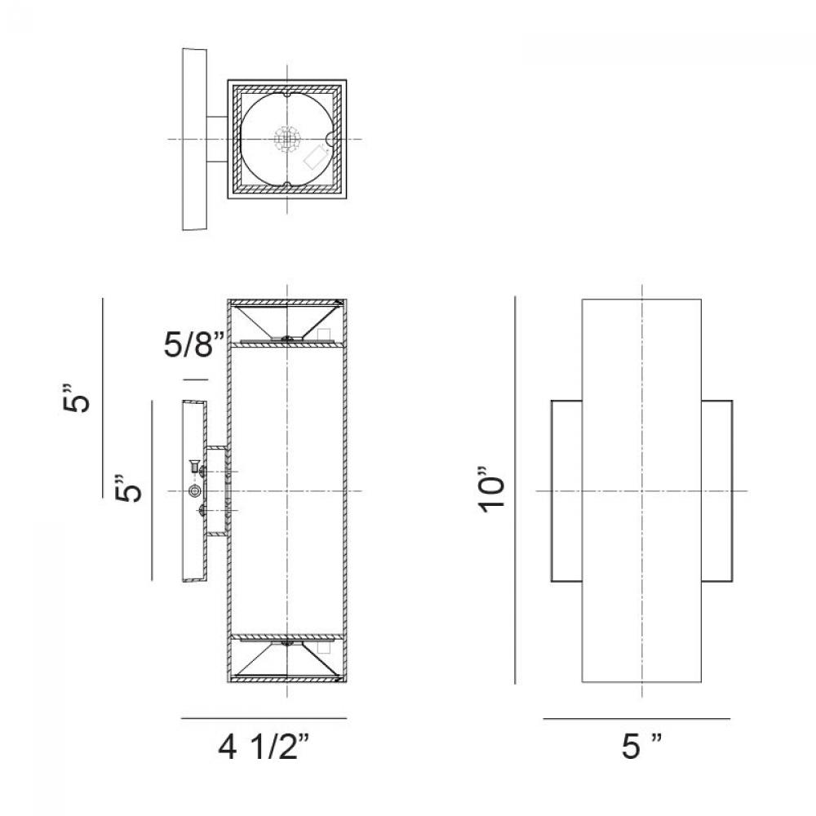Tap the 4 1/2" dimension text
click(x=264, y=747)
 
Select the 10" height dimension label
click(x=492, y=490)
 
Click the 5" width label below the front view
click(x=641, y=746)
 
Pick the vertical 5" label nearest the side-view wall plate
click(x=128, y=488)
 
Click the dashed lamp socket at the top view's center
click(x=287, y=140)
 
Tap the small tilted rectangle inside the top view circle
click(x=315, y=157)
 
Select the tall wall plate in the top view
click(x=195, y=139)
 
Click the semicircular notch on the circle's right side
click(x=330, y=140)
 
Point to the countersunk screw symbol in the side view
click(x=194, y=466)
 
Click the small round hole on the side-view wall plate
click(x=195, y=490)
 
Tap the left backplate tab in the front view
click(x=567, y=490)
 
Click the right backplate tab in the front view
click(x=717, y=490)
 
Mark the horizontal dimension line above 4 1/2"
click(x=264, y=719)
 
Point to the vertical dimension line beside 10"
click(x=515, y=490)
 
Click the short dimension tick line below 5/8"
click(x=196, y=380)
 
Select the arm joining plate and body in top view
click(x=217, y=140)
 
